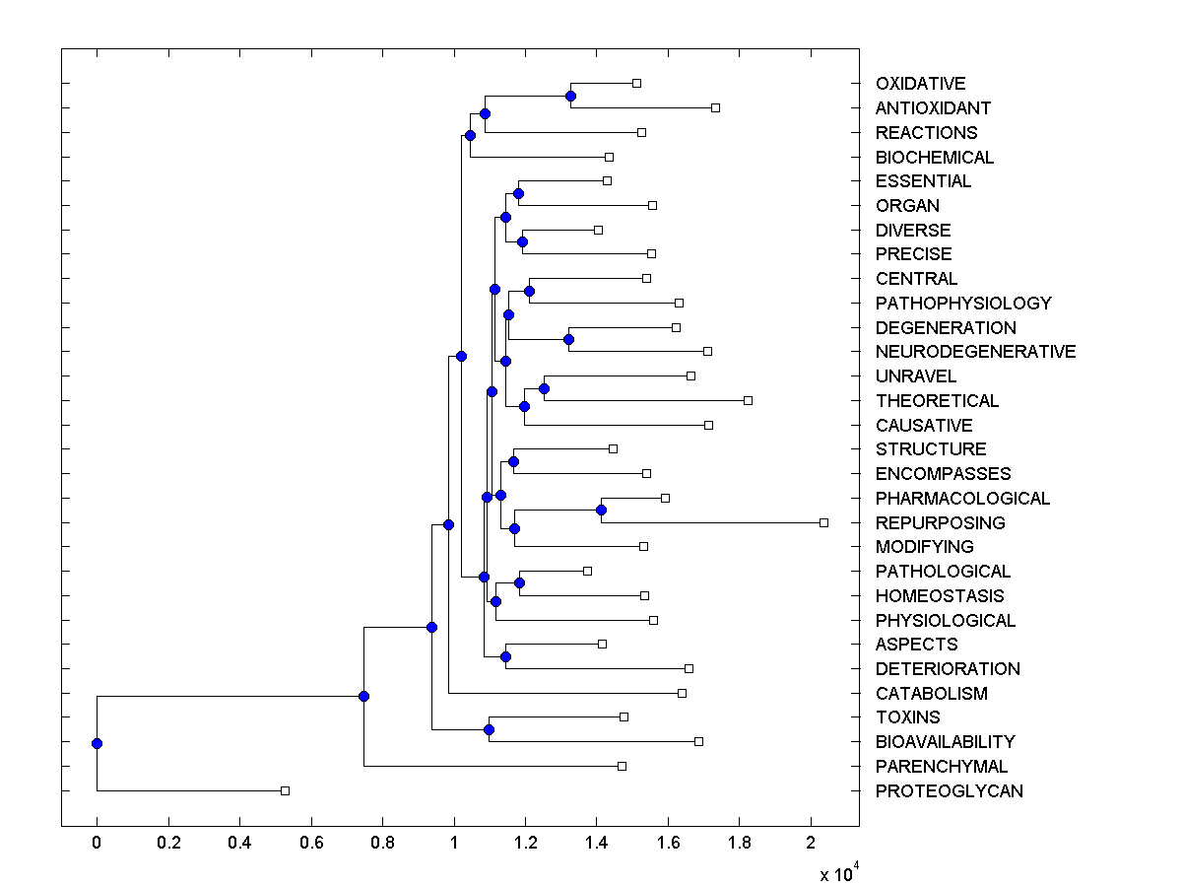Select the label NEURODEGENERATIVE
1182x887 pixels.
click(x=975, y=352)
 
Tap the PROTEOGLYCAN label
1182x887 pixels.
click(x=949, y=790)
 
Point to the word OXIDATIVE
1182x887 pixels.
click(x=920, y=84)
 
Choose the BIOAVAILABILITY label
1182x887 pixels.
click(x=945, y=742)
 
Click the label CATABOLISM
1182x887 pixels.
click(x=931, y=693)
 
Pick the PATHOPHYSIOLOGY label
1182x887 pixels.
click(x=963, y=303)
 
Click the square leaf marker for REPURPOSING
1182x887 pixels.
click(x=824, y=522)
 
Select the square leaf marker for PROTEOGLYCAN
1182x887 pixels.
click(x=285, y=790)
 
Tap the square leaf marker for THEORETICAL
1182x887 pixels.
click(x=748, y=400)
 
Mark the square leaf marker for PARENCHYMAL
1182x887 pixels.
click(x=622, y=766)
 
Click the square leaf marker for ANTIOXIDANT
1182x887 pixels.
click(x=715, y=107)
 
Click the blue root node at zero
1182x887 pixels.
click(x=97, y=743)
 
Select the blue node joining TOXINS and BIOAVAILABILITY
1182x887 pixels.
click(x=489, y=729)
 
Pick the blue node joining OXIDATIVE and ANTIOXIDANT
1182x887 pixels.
click(x=570, y=96)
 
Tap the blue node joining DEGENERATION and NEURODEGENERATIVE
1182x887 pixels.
click(x=568, y=339)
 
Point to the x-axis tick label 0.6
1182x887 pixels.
click(x=311, y=843)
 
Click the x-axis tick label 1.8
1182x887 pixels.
click(x=740, y=843)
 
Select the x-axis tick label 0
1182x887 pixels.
click(x=97, y=843)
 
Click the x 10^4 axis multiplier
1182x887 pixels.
click(x=838, y=873)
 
